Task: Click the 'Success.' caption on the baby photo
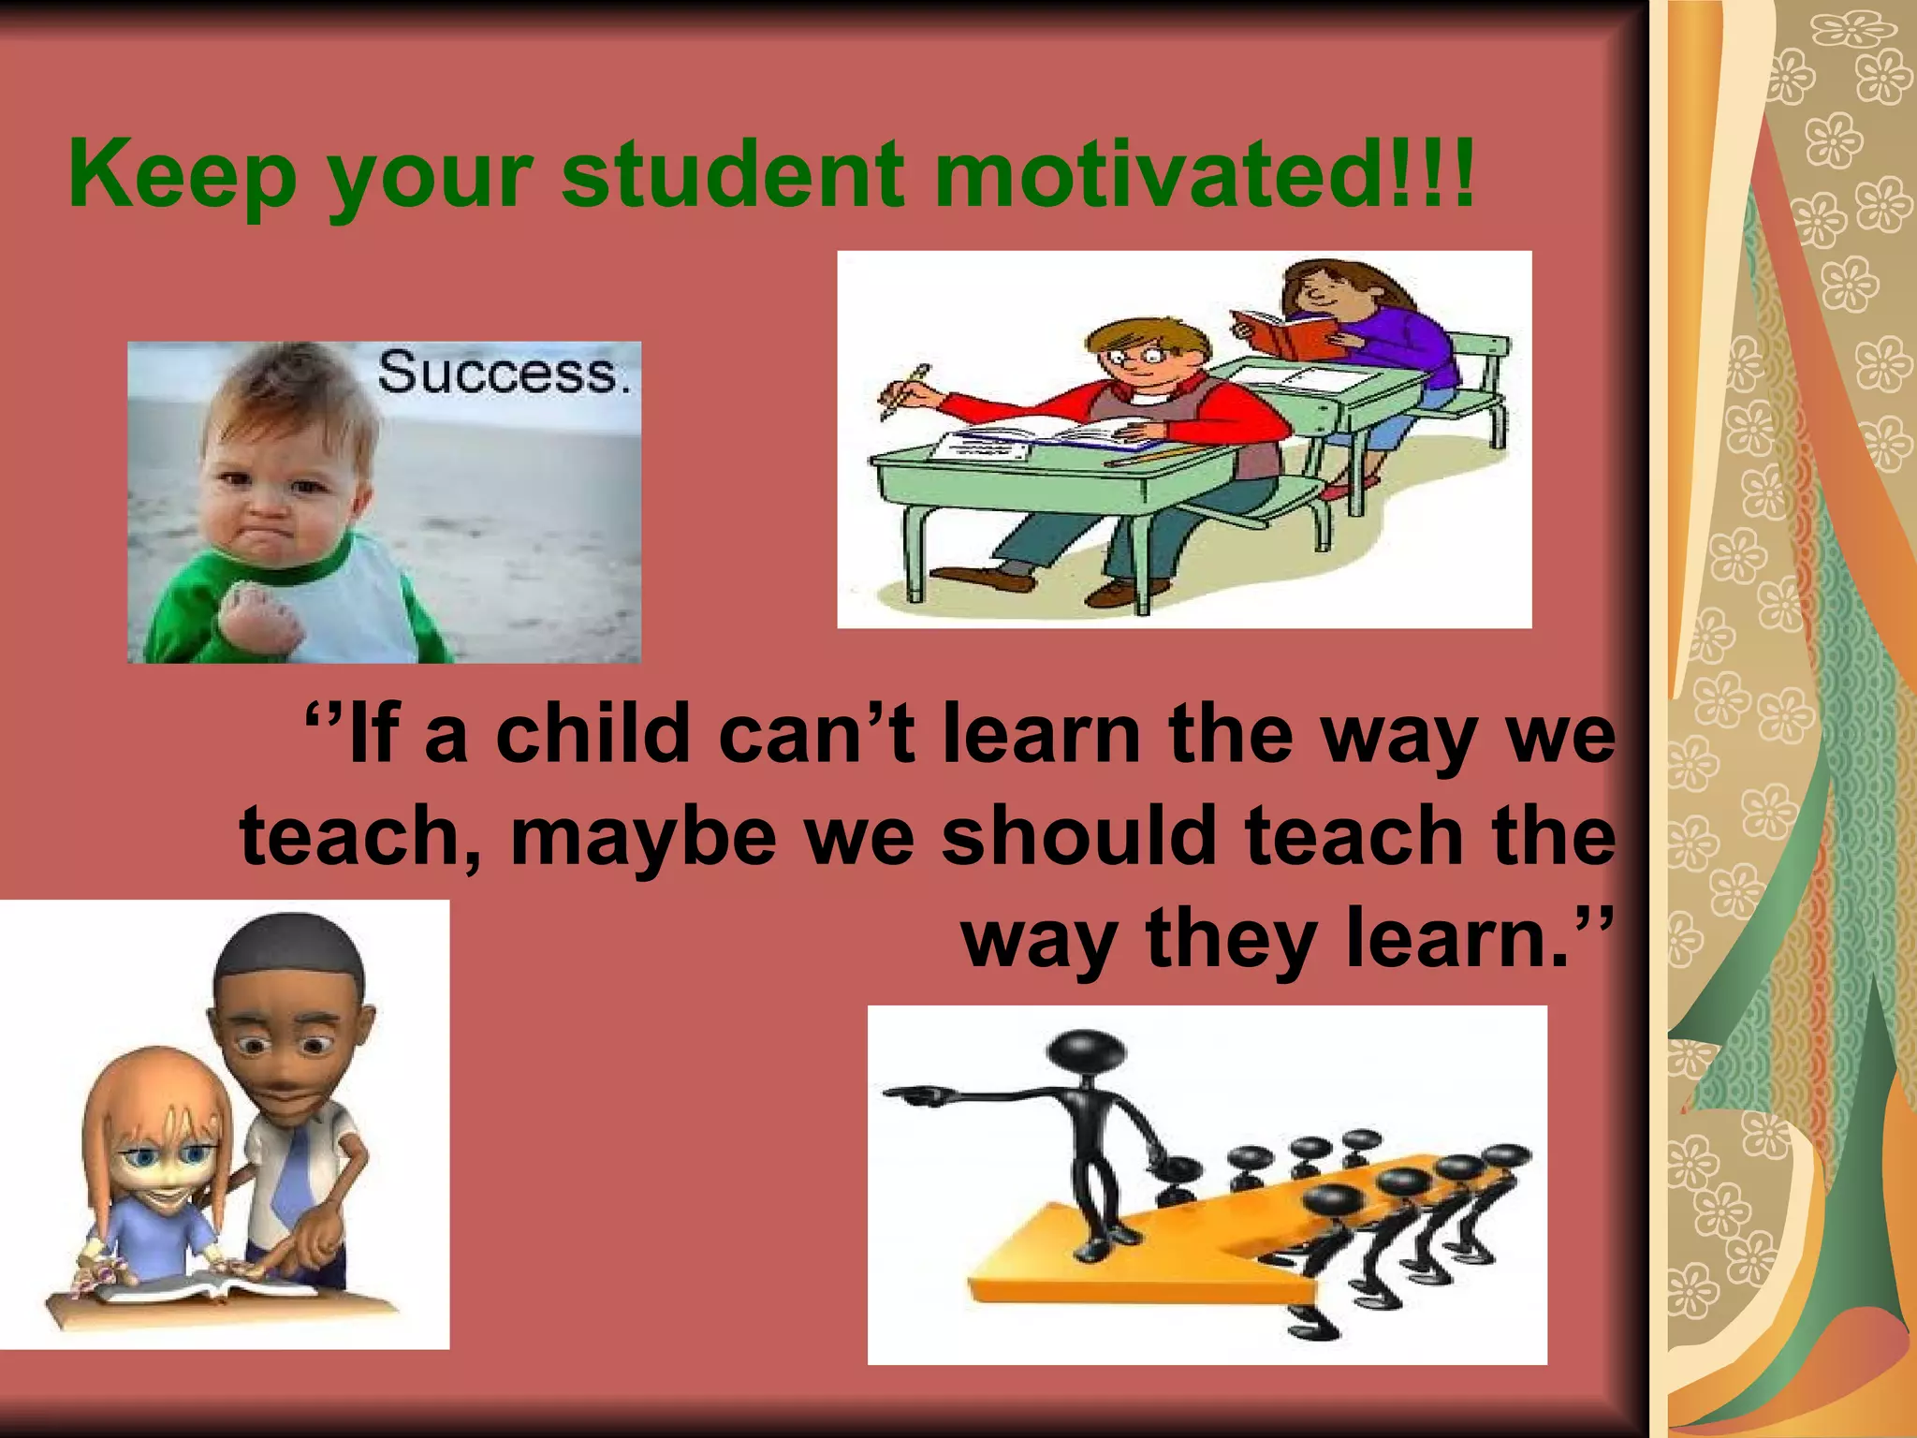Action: coord(504,373)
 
